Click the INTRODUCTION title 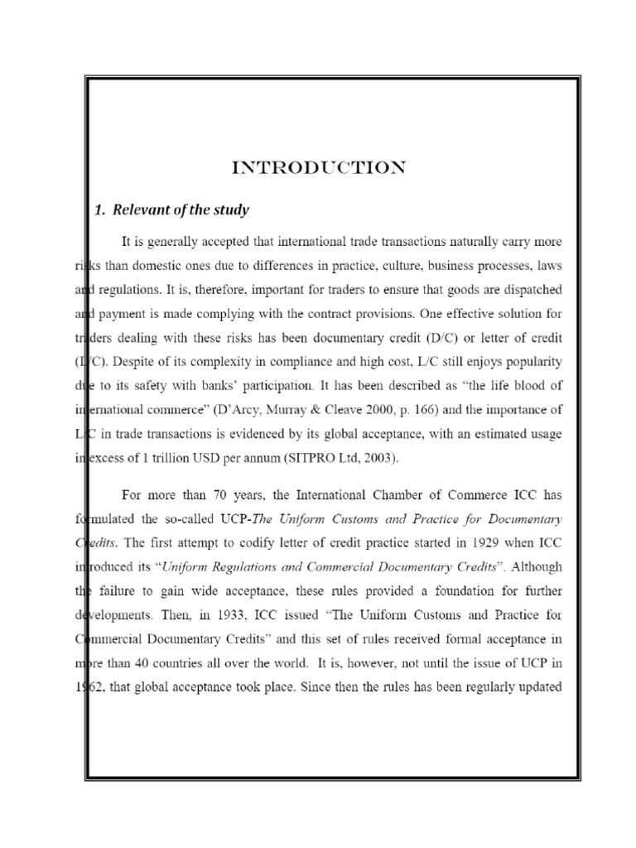tap(319, 169)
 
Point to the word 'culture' tap(364, 267)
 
